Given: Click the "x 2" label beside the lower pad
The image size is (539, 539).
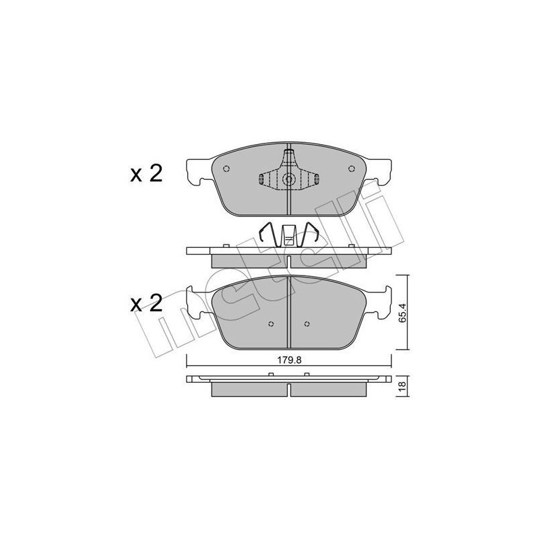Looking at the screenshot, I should click(146, 303).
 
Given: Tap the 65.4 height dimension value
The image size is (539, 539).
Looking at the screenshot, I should click(403, 312).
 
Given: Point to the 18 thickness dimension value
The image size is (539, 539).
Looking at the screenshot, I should click(403, 387).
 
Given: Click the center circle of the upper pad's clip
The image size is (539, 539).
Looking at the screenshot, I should click(288, 180).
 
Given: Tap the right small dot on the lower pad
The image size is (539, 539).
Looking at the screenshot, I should click(306, 321).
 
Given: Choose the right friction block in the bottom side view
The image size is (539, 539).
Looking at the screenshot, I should click(328, 390).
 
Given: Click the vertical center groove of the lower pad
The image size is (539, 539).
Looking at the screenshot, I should click(288, 313).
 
